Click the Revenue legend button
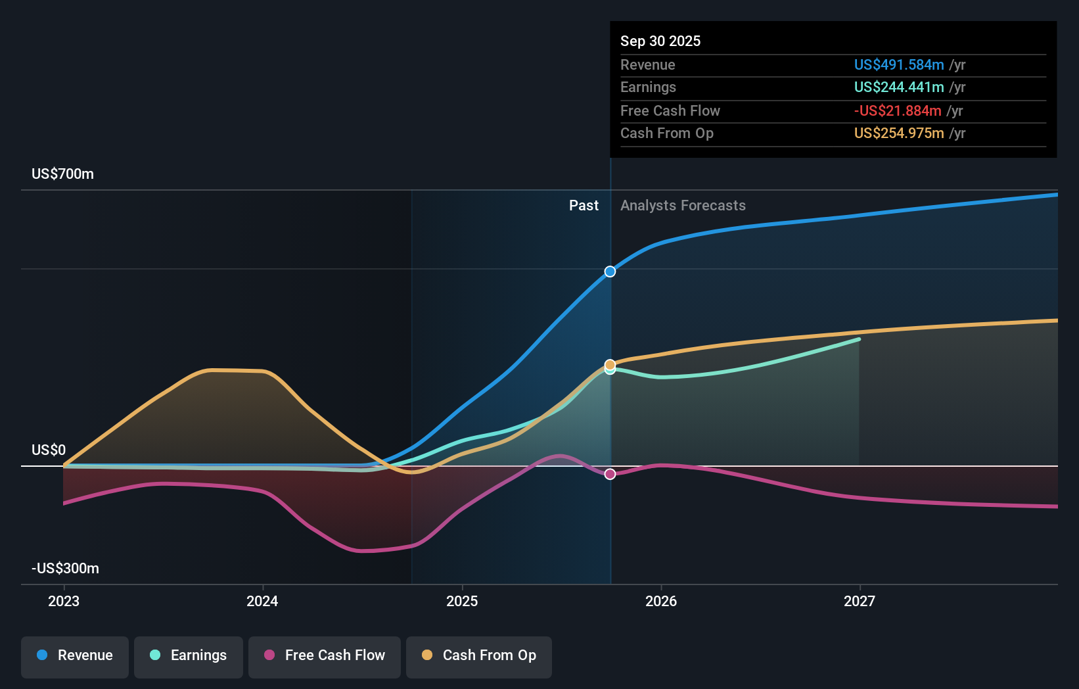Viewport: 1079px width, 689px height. point(75,656)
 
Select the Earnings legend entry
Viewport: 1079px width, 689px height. point(189,656)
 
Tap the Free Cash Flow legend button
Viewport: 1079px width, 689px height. point(325,656)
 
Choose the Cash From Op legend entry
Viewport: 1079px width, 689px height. point(479,656)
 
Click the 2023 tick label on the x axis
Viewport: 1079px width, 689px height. point(64,602)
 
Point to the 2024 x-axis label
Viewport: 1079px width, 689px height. point(262,602)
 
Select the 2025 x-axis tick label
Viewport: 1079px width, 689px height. point(462,602)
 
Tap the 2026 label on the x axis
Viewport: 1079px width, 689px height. point(661,602)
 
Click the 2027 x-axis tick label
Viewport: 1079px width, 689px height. point(860,602)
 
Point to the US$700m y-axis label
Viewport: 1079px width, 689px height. point(62,174)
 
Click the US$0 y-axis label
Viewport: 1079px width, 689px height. point(49,450)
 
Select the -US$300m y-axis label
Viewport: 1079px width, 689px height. point(65,569)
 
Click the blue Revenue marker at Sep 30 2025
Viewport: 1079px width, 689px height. point(610,272)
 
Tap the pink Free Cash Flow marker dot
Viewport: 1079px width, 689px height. point(610,474)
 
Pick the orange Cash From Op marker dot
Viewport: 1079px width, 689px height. point(610,364)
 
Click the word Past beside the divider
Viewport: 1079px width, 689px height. point(584,206)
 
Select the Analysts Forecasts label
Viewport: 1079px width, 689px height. point(683,206)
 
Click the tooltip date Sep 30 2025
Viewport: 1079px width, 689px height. point(660,41)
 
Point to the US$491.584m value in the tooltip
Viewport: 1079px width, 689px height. point(898,65)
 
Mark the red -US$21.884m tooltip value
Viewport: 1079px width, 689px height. point(897,111)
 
